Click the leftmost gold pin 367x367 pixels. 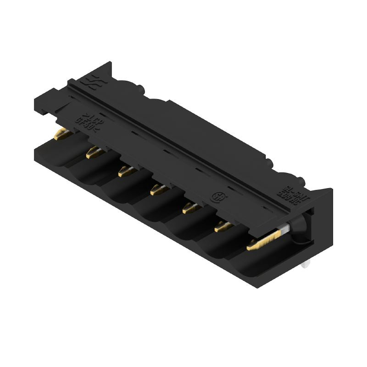click(x=61, y=134)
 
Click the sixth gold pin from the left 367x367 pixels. click(x=222, y=226)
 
